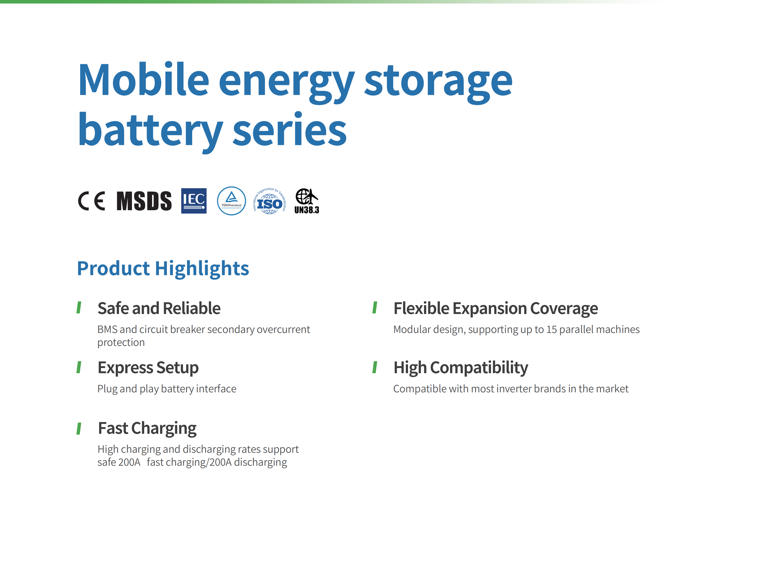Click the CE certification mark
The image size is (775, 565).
pyautogui.click(x=91, y=201)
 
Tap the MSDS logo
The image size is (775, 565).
pyautogui.click(x=144, y=201)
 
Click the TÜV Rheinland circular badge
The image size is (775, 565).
pyautogui.click(x=232, y=201)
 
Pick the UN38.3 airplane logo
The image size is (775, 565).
pyautogui.click(x=307, y=201)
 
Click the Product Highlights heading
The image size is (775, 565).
pyautogui.click(x=163, y=268)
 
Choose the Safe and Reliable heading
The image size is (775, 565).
pyautogui.click(x=159, y=308)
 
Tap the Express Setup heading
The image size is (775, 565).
pyautogui.click(x=148, y=368)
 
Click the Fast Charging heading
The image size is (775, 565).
pyautogui.click(x=147, y=428)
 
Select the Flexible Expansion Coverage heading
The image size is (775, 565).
pyautogui.click(x=496, y=308)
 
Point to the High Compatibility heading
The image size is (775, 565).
pyautogui.click(x=461, y=368)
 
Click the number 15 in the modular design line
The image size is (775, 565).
pyautogui.click(x=552, y=330)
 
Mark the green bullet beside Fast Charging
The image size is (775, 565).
pyautogui.click(x=79, y=428)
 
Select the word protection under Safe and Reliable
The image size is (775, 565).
pyautogui.click(x=121, y=343)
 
